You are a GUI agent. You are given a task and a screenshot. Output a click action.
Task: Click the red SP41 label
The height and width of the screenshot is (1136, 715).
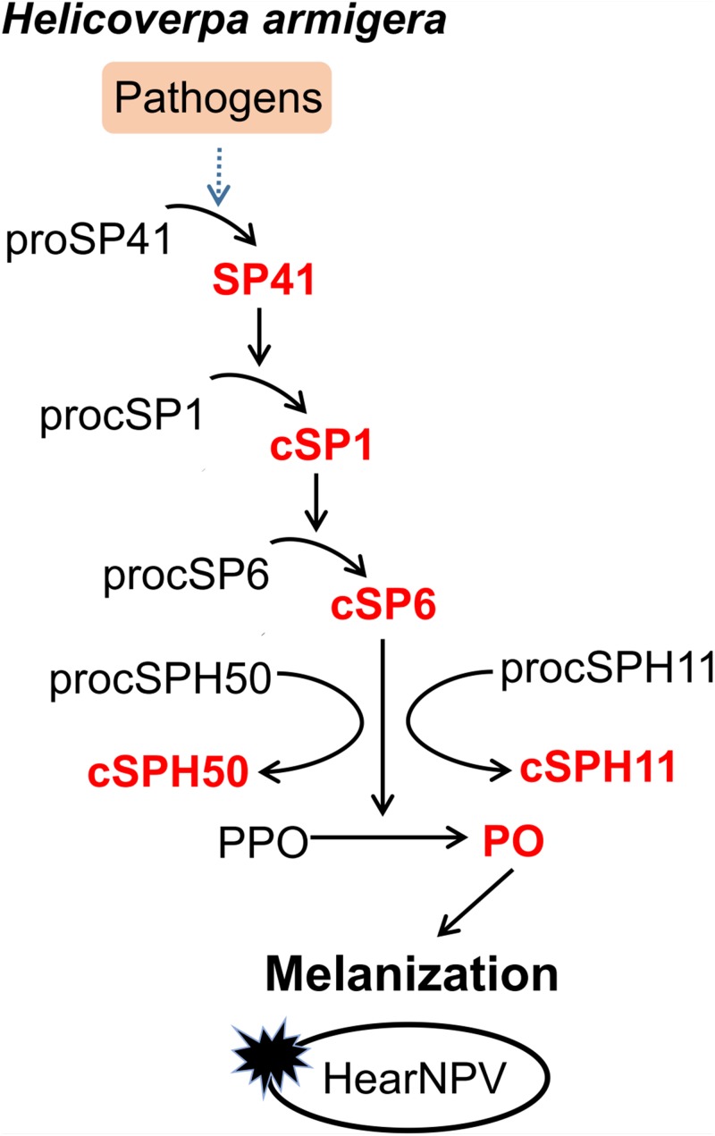[264, 284]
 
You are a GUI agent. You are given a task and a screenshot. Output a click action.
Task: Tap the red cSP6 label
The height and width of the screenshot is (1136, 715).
[383, 606]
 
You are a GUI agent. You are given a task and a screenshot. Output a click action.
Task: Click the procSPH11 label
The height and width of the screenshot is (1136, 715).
[606, 670]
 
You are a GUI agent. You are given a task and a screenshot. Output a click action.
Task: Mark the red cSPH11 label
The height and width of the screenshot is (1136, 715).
[598, 767]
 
